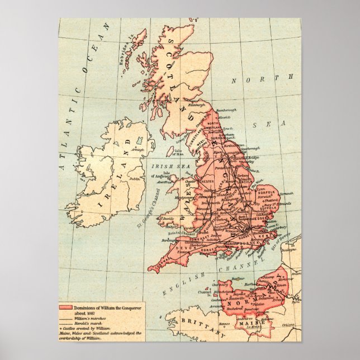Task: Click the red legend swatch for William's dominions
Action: tap(66, 308)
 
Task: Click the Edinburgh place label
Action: tap(196, 105)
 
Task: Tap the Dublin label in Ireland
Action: tap(135, 179)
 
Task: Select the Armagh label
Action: tap(137, 149)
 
